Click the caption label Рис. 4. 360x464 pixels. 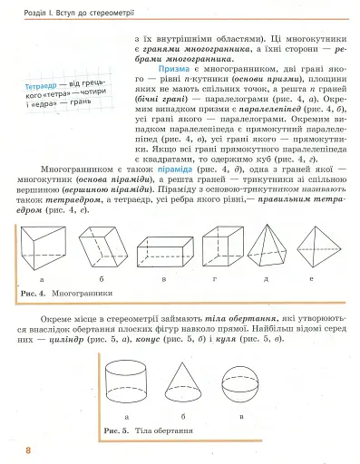pos(33,294)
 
